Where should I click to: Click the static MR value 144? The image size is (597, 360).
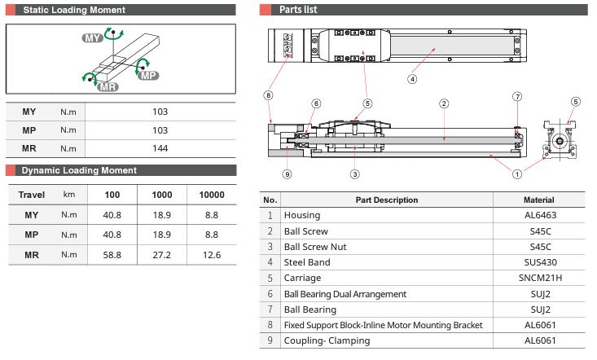(x=160, y=148)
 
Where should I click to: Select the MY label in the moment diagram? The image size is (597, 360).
(x=93, y=38)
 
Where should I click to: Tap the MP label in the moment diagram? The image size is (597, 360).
(x=148, y=76)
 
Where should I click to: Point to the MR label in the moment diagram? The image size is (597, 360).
(x=108, y=87)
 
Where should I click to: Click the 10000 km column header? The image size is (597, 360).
(x=212, y=195)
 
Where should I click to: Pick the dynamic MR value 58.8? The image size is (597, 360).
(x=112, y=255)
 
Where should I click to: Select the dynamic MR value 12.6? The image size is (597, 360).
(x=212, y=255)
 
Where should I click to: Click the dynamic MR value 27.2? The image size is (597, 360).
(x=162, y=255)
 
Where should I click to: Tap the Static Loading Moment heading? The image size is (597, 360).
(x=74, y=10)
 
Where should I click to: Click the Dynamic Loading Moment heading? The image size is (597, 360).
(x=79, y=170)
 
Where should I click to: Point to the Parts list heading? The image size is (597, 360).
(x=298, y=10)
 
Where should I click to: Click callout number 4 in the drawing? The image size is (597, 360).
(x=412, y=79)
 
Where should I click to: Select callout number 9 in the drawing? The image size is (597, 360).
(x=287, y=174)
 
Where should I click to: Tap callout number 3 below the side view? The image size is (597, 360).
(x=355, y=174)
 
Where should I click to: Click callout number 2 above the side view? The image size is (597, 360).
(x=444, y=103)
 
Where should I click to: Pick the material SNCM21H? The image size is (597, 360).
(x=540, y=278)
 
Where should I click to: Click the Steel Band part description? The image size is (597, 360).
(x=307, y=262)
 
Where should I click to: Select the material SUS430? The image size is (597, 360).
(x=540, y=262)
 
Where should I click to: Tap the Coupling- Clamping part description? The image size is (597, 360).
(x=327, y=340)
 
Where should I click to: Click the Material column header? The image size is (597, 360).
(x=538, y=200)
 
